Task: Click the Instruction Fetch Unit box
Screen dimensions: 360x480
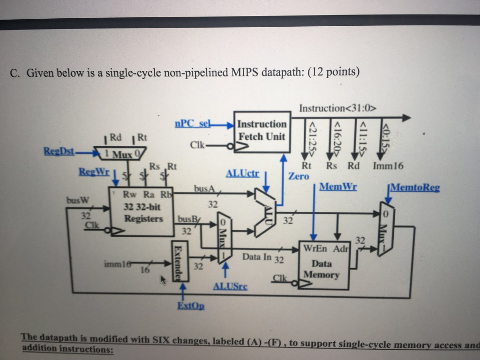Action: coord(262,131)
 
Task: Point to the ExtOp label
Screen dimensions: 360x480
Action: coord(191,306)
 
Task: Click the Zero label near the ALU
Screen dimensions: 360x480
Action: coord(299,176)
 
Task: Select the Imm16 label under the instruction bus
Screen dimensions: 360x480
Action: coord(388,165)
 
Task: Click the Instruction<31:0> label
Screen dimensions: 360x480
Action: coord(338,108)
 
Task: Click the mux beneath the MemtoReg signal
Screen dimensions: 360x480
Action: coord(385,229)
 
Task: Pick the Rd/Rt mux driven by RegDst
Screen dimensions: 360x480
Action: coord(120,152)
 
